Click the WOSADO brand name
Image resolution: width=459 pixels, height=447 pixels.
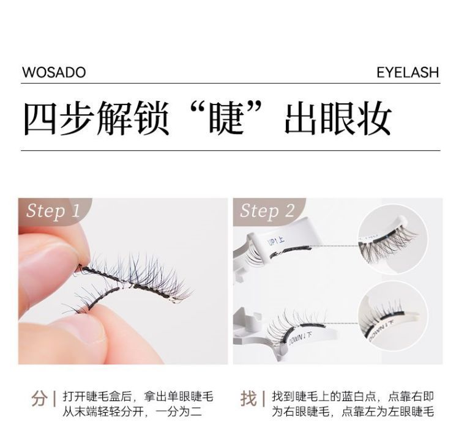pyautogui.click(x=54, y=72)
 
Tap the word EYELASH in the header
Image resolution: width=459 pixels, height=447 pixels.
pyautogui.click(x=408, y=72)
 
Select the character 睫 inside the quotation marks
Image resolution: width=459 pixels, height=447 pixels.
pyautogui.click(x=226, y=118)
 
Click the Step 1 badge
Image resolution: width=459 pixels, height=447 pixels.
pyautogui.click(x=53, y=210)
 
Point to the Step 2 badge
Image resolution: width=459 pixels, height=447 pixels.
pyautogui.click(x=267, y=210)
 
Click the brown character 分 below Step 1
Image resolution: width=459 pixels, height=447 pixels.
pyautogui.click(x=40, y=399)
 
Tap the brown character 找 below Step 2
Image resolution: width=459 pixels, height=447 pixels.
pyautogui.click(x=248, y=399)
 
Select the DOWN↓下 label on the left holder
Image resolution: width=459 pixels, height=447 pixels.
pyautogui.click(x=299, y=339)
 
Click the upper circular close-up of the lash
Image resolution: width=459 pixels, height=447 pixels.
pyautogui.click(x=392, y=240)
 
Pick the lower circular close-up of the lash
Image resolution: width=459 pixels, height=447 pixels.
pyautogui.click(x=392, y=317)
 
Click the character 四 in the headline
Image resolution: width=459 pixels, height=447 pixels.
pyautogui.click(x=40, y=118)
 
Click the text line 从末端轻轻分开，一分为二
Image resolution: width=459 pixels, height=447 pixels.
pyautogui.click(x=132, y=412)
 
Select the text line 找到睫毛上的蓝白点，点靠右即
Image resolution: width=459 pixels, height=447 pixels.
pyautogui.click(x=353, y=397)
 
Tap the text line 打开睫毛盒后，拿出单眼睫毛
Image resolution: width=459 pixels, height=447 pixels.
pyautogui.click(x=138, y=397)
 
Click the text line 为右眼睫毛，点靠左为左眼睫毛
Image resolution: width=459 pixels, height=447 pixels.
pyautogui.click(x=353, y=412)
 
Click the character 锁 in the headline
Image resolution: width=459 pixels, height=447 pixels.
pyautogui.click(x=151, y=118)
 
